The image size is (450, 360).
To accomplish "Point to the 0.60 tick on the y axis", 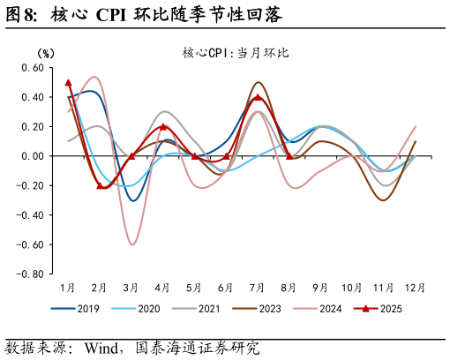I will pos(32,68).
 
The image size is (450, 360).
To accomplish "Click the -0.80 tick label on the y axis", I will pos(29,274).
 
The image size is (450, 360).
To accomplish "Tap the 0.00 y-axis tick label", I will pos(32,156).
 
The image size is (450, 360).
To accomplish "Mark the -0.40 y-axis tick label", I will pos(29,215).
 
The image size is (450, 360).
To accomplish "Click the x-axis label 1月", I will pos(68,288).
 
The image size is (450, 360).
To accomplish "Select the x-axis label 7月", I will pos(258,288).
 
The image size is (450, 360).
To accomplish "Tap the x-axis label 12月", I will pos(416,288).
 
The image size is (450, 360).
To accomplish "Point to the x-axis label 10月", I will pos(352,288).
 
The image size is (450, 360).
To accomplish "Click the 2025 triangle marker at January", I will pos(68,83).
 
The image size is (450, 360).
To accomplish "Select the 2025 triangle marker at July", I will pos(258,98).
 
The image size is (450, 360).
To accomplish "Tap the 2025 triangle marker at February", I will pos(100,185).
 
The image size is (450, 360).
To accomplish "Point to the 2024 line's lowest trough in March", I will pos(132,244).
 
